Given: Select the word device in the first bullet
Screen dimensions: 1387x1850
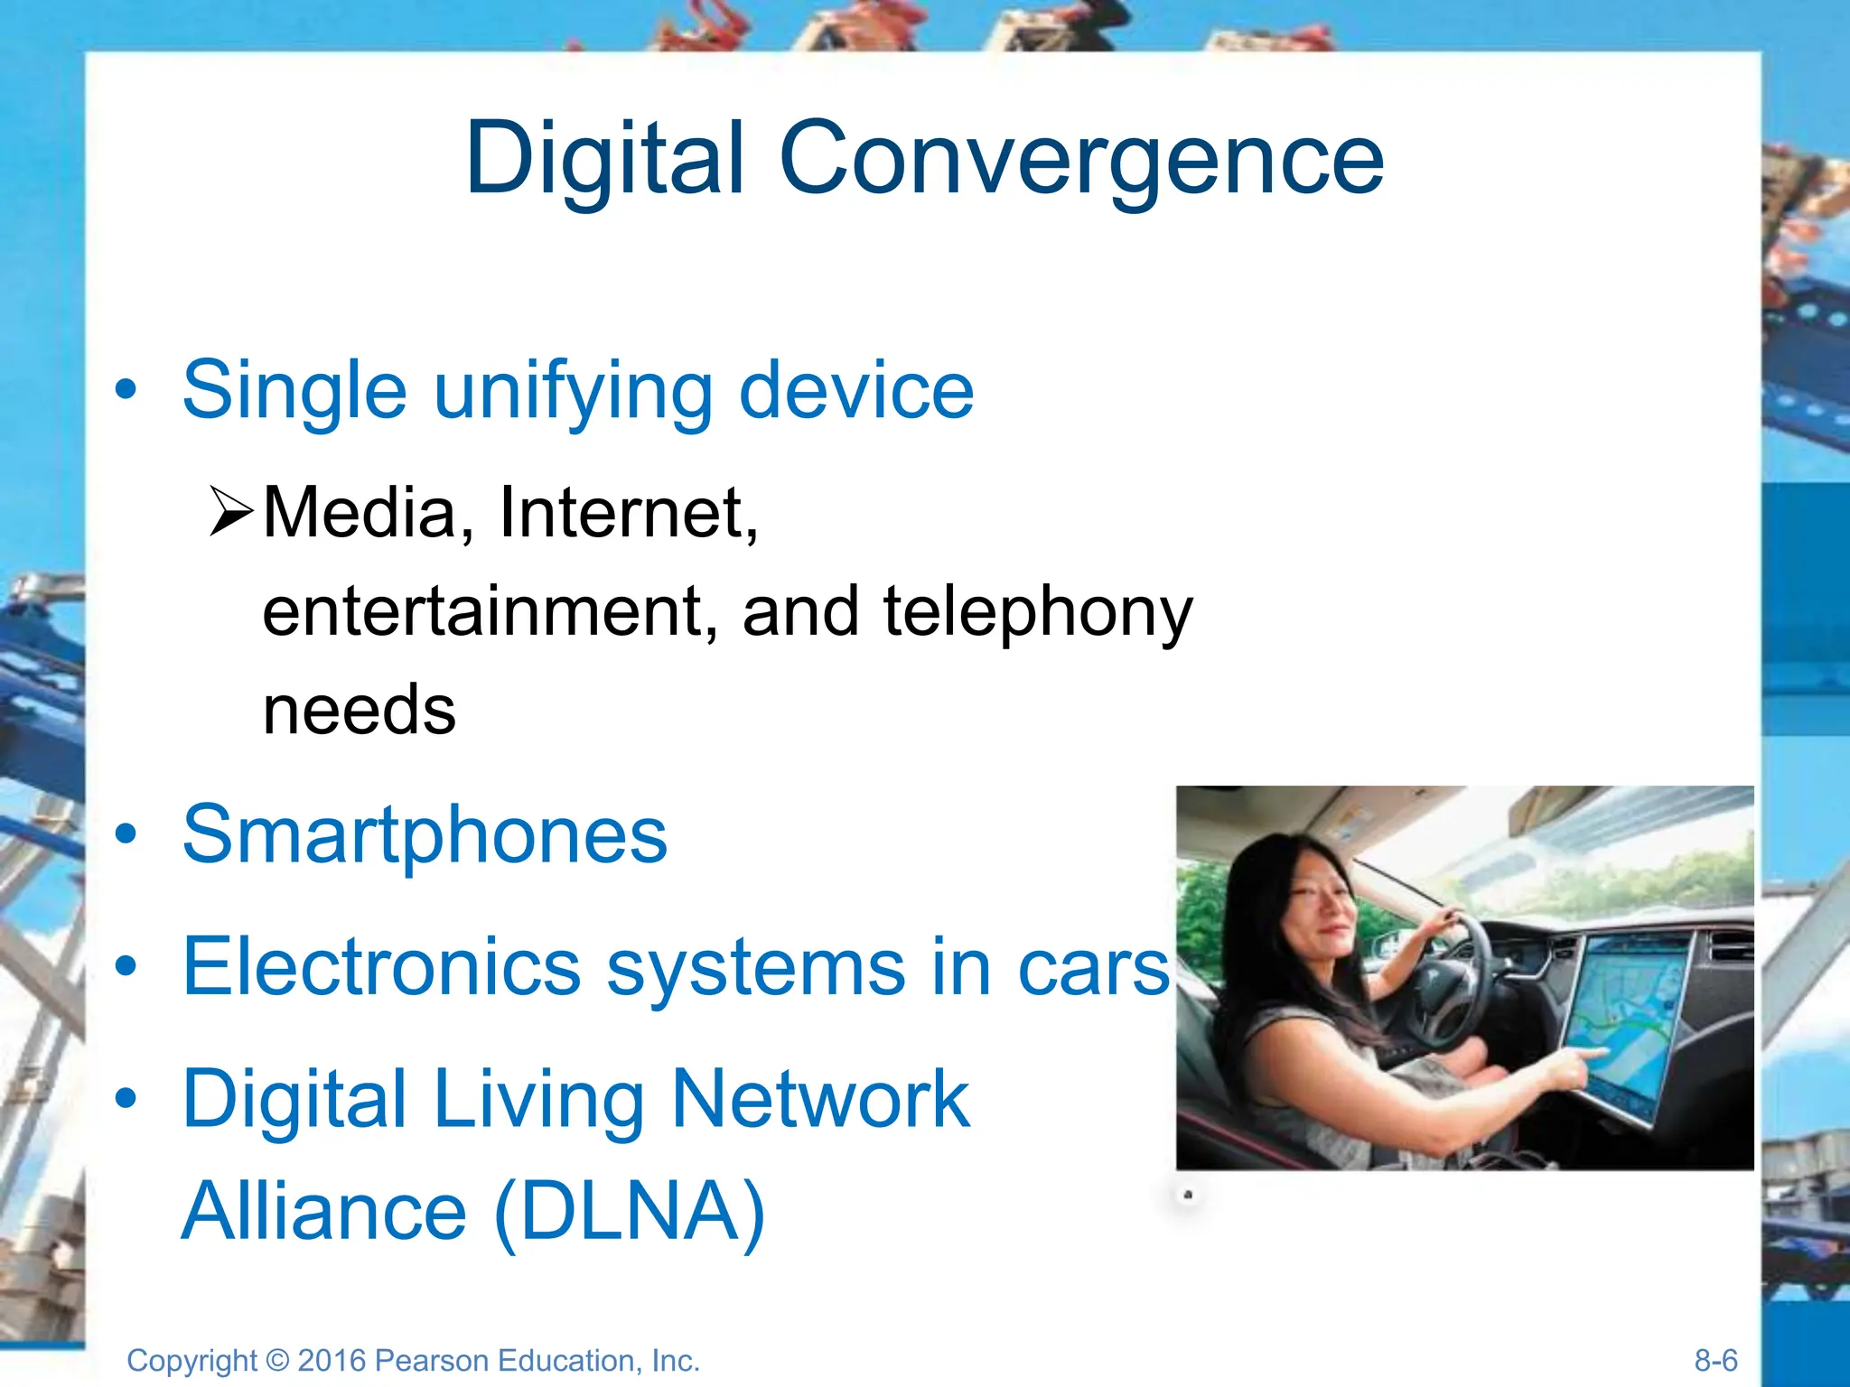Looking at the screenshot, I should coord(856,390).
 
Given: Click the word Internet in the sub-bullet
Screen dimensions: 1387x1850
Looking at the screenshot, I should coord(628,513).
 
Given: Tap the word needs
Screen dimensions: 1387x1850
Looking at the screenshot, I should coord(360,710).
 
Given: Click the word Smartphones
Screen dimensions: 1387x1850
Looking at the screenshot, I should coord(425,835).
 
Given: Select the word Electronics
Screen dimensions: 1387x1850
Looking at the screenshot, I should coord(381,967).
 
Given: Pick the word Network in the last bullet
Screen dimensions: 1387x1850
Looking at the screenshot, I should coord(820,1099).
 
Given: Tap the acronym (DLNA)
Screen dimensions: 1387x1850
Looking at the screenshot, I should coord(631,1211).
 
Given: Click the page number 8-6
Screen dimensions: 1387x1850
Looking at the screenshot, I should coord(1715,1360).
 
